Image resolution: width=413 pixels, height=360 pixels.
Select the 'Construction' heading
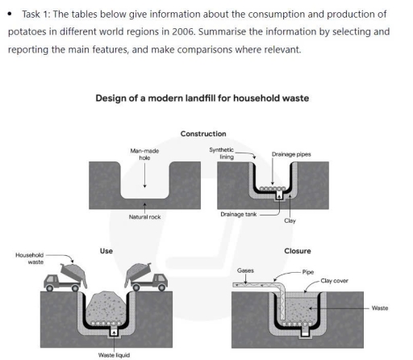(x=203, y=133)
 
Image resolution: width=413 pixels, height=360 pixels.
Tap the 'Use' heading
(x=106, y=251)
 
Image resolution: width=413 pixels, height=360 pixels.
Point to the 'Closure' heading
(x=298, y=251)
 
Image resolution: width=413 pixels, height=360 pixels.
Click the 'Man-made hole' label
(x=144, y=154)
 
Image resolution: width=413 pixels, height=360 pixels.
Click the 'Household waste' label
(x=30, y=258)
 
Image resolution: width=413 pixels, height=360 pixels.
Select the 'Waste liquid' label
(x=114, y=353)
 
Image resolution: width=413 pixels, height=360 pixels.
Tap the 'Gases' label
(x=246, y=270)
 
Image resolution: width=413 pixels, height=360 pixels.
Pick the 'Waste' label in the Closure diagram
(x=380, y=308)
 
